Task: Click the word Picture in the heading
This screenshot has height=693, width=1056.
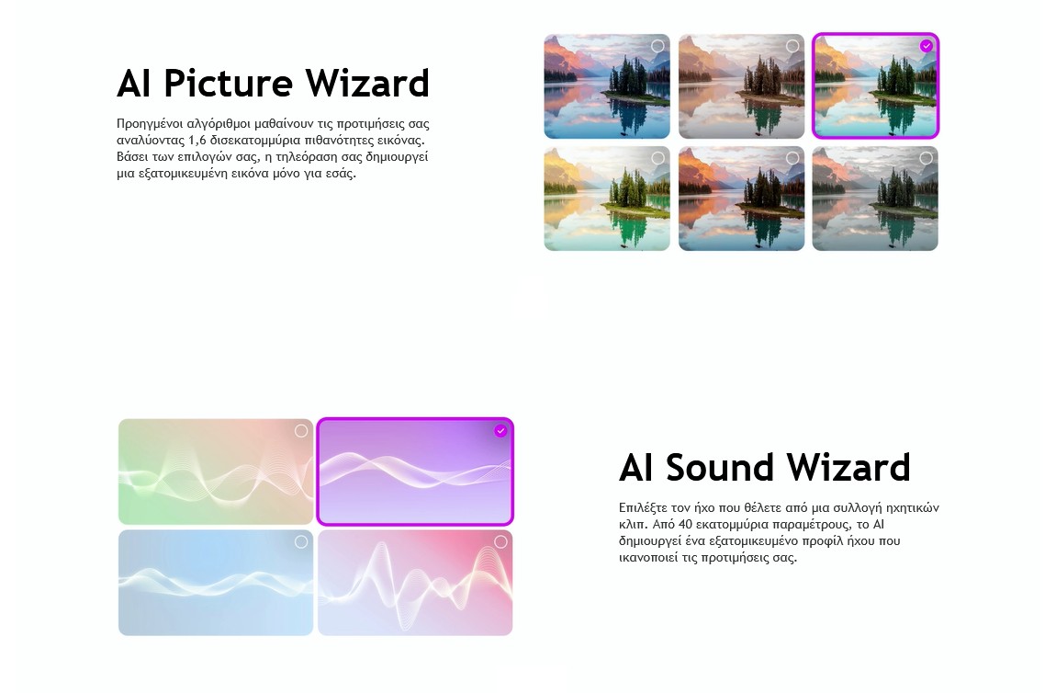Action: pos(229,84)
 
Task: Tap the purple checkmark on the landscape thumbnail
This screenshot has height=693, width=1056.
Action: pos(927,46)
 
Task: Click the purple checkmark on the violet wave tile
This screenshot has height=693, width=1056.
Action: pos(500,431)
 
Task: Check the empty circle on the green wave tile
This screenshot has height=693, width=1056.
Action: pos(301,431)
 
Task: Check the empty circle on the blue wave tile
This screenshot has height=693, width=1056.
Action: pos(301,542)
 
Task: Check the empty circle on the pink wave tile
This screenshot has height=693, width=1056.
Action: pos(500,542)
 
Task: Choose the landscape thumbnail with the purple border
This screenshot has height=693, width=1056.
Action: pos(875,85)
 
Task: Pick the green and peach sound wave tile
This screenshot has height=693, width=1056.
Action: pos(216,471)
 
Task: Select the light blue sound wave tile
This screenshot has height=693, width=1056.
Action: pos(216,583)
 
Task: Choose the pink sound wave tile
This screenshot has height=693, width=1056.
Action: pos(415,583)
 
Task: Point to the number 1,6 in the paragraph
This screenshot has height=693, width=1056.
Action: pos(197,141)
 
